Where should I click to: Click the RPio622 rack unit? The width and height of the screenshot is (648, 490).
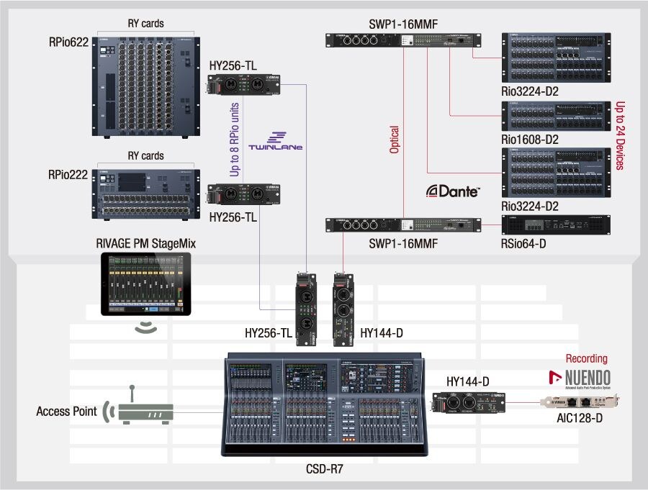coord(145,85)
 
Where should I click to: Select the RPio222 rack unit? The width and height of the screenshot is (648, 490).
coord(145,192)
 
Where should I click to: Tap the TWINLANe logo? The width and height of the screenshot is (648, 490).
coord(275,141)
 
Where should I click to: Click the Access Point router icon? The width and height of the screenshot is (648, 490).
coord(145,412)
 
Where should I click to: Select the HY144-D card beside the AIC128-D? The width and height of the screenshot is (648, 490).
coord(468,404)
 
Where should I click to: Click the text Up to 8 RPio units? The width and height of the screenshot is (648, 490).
coord(235,140)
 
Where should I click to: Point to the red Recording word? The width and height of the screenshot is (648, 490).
coord(586,358)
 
